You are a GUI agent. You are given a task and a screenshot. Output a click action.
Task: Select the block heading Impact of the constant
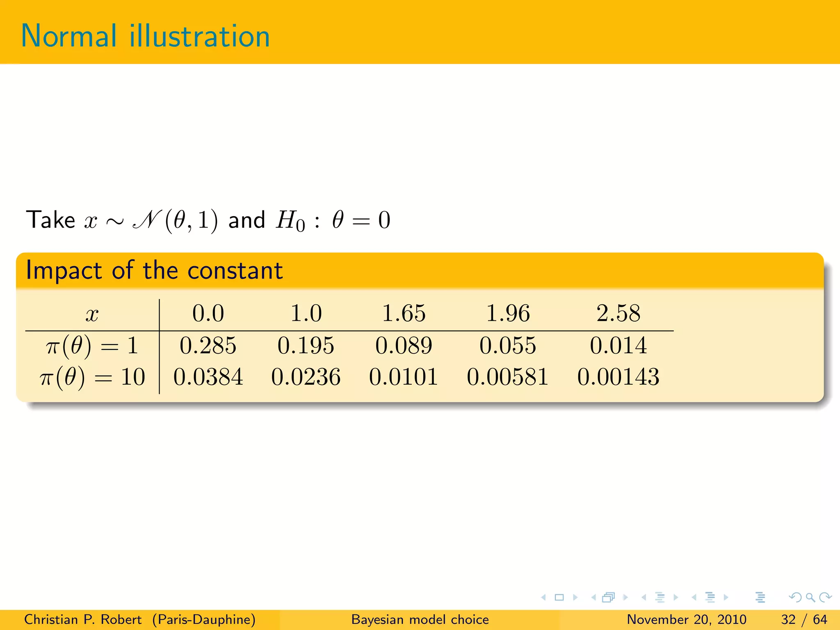[x=154, y=271]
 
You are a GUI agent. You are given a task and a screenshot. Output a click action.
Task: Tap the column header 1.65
[x=404, y=313]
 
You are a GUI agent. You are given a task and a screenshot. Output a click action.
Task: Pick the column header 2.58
[x=618, y=313]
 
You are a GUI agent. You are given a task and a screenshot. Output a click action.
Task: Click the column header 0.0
[x=208, y=313]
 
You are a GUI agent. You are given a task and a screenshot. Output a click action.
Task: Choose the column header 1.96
[x=508, y=313]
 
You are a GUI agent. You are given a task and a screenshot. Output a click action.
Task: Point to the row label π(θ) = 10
[x=92, y=377]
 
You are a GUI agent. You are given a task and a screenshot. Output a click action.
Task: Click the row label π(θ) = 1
[x=92, y=345]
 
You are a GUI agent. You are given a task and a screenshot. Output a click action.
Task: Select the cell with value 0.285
[x=208, y=345]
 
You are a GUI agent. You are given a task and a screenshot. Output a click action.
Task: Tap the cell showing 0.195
[x=306, y=345]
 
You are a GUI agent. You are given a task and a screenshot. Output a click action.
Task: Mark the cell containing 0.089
[x=404, y=345]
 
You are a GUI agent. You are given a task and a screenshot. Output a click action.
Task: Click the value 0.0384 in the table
[x=208, y=377]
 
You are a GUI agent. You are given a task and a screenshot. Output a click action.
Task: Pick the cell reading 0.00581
[x=508, y=377]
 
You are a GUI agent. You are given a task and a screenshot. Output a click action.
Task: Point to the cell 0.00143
[x=618, y=377]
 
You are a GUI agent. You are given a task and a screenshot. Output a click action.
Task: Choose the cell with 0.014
[x=618, y=345]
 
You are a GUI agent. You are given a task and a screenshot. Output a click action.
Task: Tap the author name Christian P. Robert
[x=83, y=619]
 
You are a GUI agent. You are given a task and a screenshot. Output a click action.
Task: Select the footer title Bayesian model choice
[x=420, y=619]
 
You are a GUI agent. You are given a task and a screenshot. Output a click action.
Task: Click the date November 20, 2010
[x=687, y=619]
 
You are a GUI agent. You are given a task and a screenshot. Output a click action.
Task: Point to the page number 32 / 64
[x=804, y=619]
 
